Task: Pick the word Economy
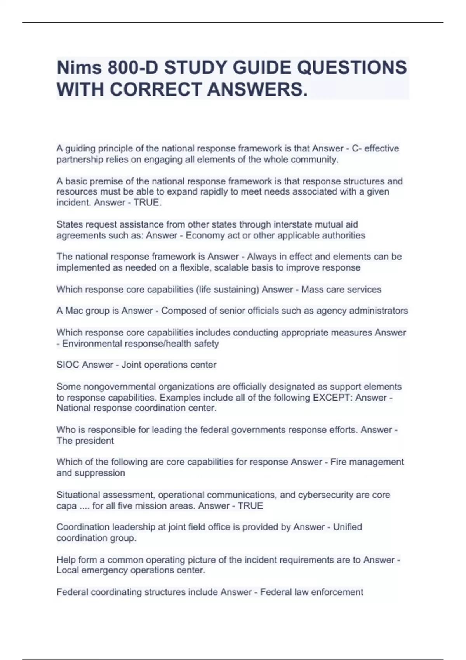click(x=205, y=235)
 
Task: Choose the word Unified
click(x=348, y=527)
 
